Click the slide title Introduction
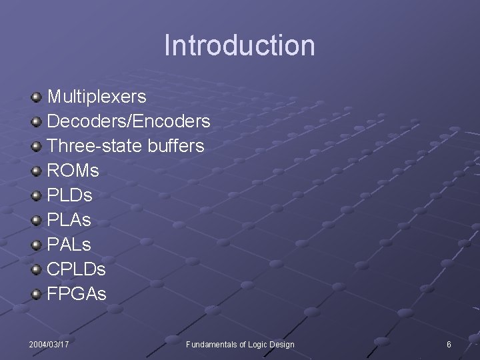(239, 45)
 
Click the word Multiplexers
(97, 97)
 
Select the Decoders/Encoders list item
(129, 122)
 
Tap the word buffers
(173, 146)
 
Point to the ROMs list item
(73, 171)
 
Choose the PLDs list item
(69, 196)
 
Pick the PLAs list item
(69, 220)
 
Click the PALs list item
(69, 245)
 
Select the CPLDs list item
(76, 269)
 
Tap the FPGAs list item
(76, 294)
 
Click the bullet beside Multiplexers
(36, 97)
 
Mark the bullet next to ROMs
(36, 171)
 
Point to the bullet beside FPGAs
(36, 294)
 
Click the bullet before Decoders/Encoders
(36, 122)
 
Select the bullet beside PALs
(36, 245)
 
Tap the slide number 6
(449, 344)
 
